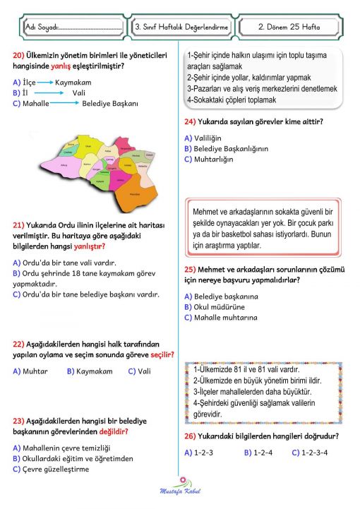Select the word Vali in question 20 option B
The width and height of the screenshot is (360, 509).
[78, 92]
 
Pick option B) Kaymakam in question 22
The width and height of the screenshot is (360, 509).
[90, 371]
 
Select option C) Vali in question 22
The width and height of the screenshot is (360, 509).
[140, 371]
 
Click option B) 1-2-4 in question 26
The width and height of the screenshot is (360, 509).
[258, 453]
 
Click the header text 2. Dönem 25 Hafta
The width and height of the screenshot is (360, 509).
[289, 27]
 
